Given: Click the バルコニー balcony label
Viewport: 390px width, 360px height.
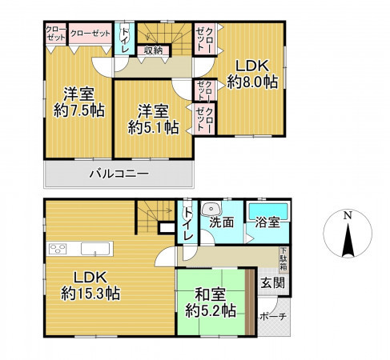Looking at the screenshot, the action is pyautogui.click(x=119, y=174).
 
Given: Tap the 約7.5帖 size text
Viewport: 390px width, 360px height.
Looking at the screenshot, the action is pyautogui.click(x=79, y=110).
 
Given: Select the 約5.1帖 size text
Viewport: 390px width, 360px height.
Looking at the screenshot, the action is pyautogui.click(x=153, y=127).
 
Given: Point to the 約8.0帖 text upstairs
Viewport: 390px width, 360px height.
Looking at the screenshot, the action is pyautogui.click(x=252, y=82).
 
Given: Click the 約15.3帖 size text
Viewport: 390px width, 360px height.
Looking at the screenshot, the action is pyautogui.click(x=90, y=294).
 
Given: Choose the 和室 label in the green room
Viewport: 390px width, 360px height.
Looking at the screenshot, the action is pyautogui.click(x=211, y=294).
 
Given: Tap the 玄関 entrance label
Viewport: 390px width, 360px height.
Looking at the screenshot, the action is pyautogui.click(x=272, y=282).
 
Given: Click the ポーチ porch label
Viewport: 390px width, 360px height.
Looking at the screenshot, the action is pyautogui.click(x=273, y=317).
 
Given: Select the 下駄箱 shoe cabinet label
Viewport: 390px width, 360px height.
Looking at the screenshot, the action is pyautogui.click(x=283, y=259).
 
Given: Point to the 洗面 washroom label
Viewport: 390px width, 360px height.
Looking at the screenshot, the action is pyautogui.click(x=222, y=222).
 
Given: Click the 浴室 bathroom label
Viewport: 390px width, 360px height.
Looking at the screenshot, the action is pyautogui.click(x=267, y=222).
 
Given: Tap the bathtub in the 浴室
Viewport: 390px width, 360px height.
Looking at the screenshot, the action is pyautogui.click(x=268, y=212).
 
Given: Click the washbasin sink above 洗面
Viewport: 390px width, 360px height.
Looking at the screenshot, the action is pyautogui.click(x=211, y=210).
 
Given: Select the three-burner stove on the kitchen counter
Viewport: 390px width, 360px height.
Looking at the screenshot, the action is pyautogui.click(x=58, y=249).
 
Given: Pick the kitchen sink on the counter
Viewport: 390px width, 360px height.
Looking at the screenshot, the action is pyautogui.click(x=95, y=249).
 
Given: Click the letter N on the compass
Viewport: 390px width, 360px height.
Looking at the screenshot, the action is pyautogui.click(x=348, y=215).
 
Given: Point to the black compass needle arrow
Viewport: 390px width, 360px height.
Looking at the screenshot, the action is pyautogui.click(x=348, y=240).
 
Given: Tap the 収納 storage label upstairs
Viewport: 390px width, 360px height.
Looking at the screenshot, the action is pyautogui.click(x=153, y=50).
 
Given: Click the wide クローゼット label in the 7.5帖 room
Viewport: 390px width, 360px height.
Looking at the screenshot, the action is pyautogui.click(x=90, y=34).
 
